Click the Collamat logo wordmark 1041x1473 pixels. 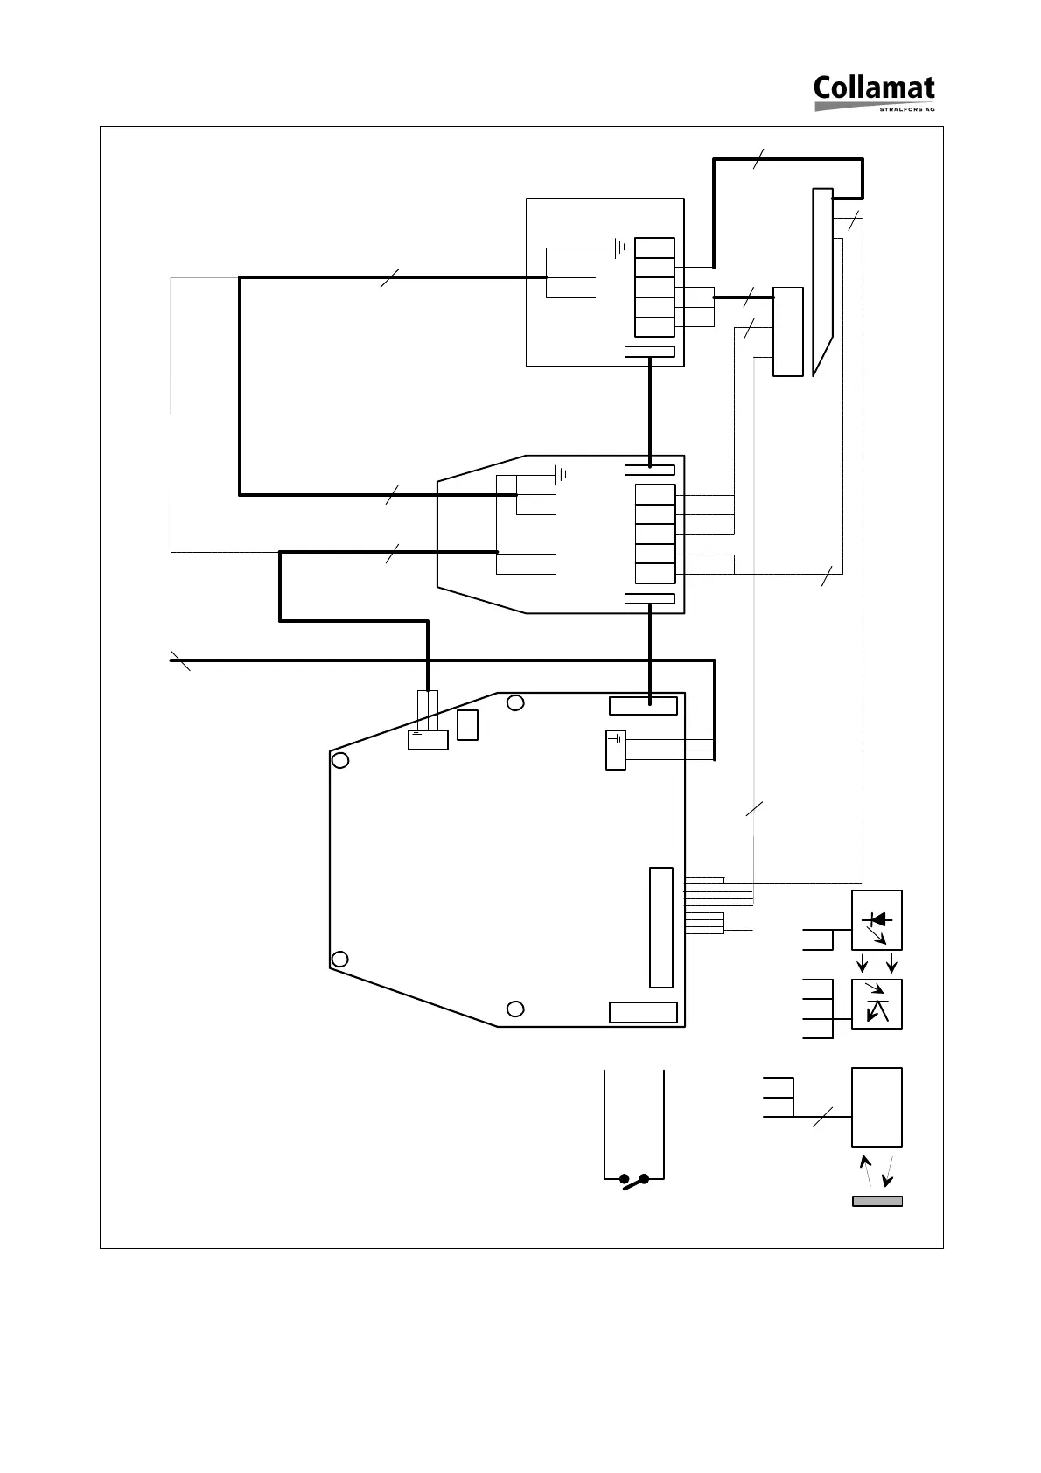(873, 89)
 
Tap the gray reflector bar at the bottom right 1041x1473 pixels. (877, 1201)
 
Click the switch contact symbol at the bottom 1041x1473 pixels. (634, 1180)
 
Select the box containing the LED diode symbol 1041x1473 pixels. (877, 920)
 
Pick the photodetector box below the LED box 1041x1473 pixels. (877, 1003)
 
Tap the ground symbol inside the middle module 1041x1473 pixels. (561, 476)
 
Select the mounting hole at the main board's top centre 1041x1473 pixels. (516, 702)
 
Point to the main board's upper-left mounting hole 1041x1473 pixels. (341, 760)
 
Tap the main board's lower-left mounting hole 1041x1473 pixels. (341, 959)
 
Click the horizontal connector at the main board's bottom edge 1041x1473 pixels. (643, 1012)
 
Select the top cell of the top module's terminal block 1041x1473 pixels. (654, 248)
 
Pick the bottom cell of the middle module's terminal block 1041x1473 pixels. (655, 574)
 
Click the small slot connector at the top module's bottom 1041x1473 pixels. (650, 352)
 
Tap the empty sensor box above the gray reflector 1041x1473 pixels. (877, 1106)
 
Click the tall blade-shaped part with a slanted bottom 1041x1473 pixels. (822, 280)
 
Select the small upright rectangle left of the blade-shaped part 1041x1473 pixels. (788, 332)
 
